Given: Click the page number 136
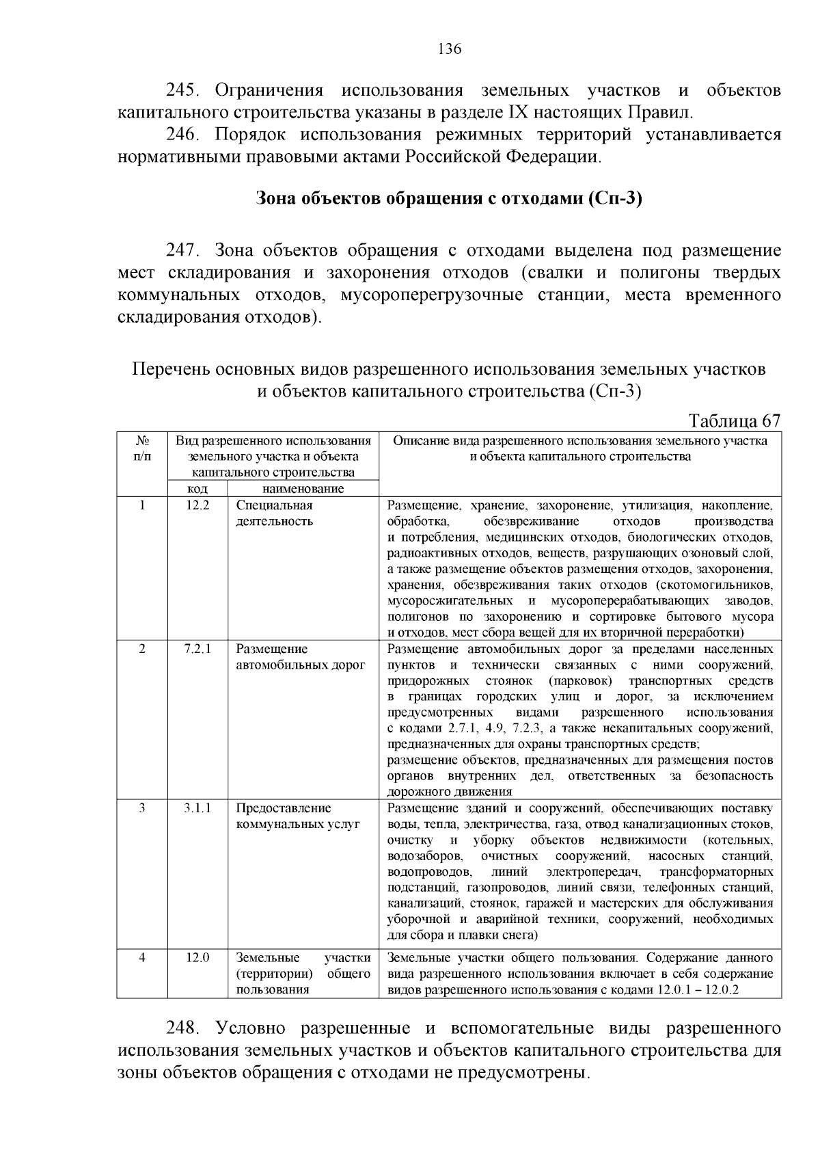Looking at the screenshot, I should pyautogui.click(x=449, y=49).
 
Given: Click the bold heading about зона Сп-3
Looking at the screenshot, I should pyautogui.click(x=449, y=199).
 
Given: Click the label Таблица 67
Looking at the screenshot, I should pyautogui.click(x=734, y=420).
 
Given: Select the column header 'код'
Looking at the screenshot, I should pyautogui.click(x=197, y=489).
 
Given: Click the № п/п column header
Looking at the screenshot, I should pyautogui.click(x=142, y=449).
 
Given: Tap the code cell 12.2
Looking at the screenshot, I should pyautogui.click(x=197, y=506).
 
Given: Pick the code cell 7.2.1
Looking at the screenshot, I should pyautogui.click(x=197, y=650).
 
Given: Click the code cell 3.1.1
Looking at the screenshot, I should pyautogui.click(x=197, y=808).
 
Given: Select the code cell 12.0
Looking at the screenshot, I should pyautogui.click(x=197, y=958).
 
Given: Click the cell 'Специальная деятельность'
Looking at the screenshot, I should pyautogui.click(x=275, y=513).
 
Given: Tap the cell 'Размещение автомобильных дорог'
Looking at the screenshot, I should pyautogui.click(x=301, y=657).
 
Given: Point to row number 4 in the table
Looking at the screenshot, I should pyautogui.click(x=142, y=958).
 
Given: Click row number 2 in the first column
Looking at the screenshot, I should pyautogui.click(x=142, y=650).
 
